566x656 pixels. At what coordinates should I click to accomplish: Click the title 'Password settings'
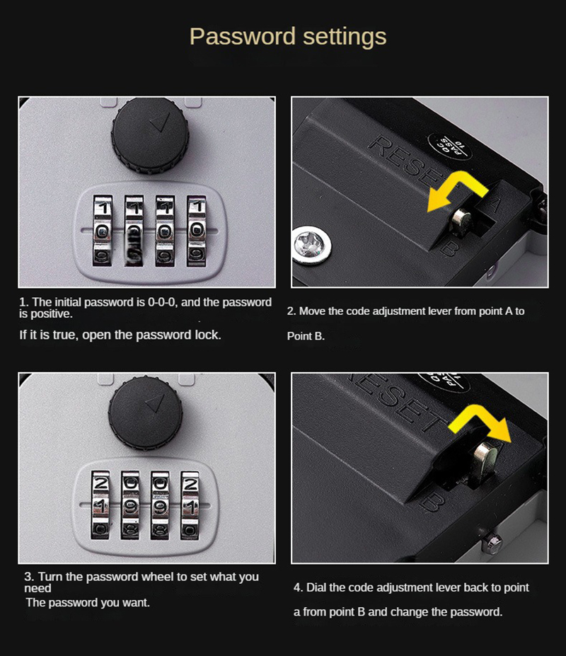[x=288, y=37]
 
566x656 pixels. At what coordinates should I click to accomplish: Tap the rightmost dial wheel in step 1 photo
[x=197, y=229]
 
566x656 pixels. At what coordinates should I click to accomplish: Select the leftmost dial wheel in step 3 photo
[x=101, y=505]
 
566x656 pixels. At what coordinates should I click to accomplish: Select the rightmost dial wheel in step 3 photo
[x=190, y=505]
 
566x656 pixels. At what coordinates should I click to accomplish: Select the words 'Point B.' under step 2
[x=306, y=336]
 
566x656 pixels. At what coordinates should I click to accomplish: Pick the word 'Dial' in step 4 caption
[x=317, y=587]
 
